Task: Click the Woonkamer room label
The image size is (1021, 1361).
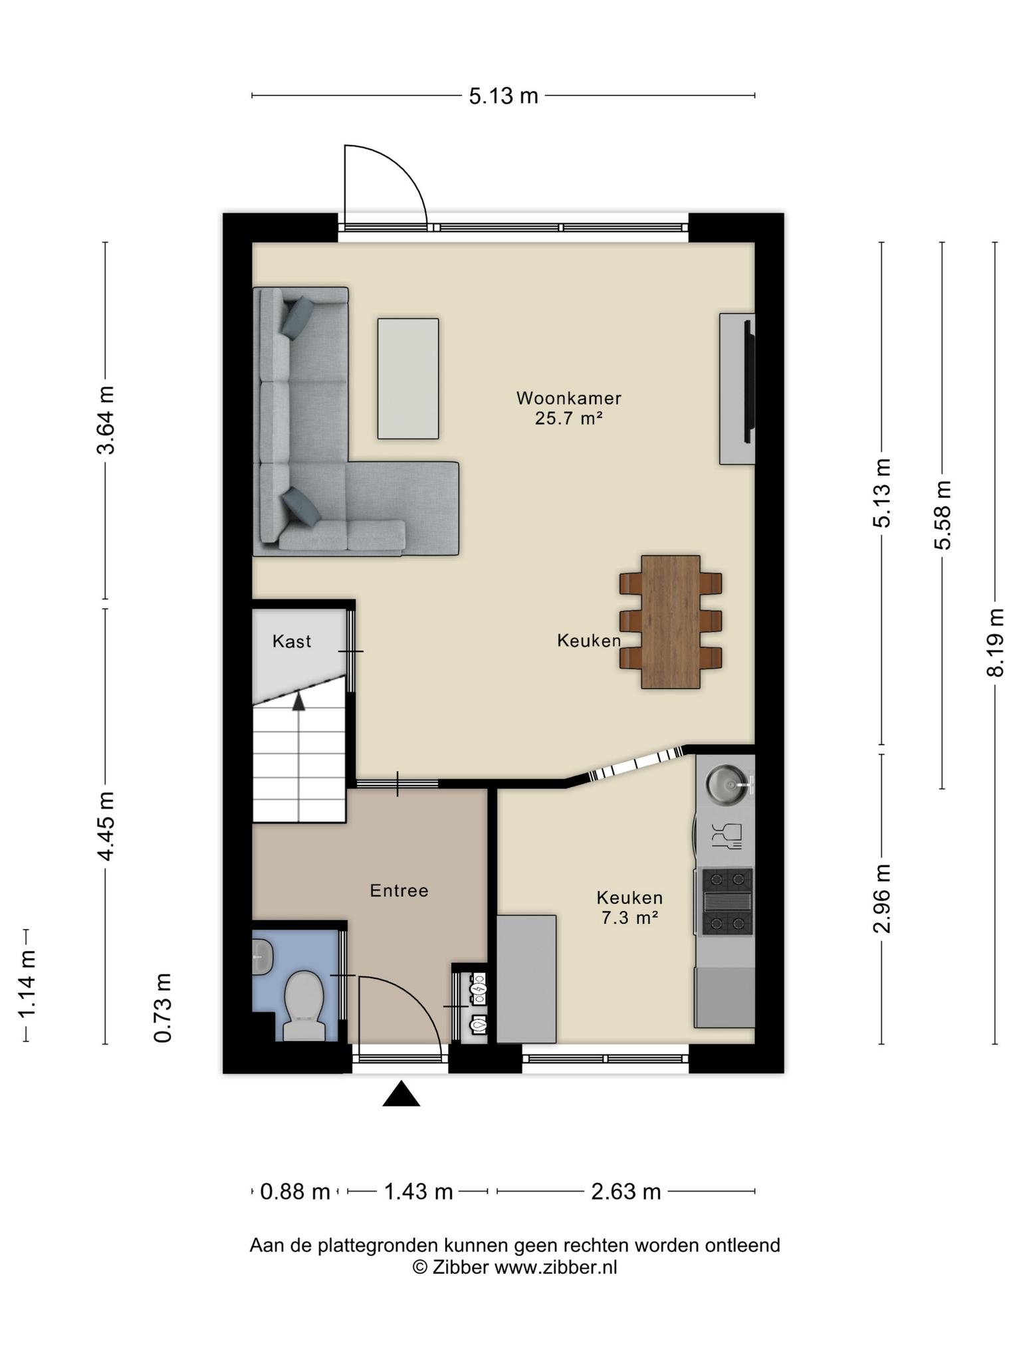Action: point(569,398)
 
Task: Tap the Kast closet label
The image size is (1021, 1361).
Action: point(292,641)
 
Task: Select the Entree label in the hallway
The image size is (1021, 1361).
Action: point(399,890)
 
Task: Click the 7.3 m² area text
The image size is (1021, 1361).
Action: point(629,918)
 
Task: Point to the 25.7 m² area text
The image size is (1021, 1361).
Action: point(568,418)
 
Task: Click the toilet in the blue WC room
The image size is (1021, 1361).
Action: point(304,1005)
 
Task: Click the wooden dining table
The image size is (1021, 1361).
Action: point(671,622)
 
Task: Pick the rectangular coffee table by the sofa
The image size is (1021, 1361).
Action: point(408,379)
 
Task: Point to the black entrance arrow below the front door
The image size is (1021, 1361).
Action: point(401,1094)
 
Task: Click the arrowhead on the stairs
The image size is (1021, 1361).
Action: point(298,702)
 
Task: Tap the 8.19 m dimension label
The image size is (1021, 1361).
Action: point(995,643)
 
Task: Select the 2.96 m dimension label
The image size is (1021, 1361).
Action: point(882,898)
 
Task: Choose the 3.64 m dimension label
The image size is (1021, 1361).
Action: point(105,420)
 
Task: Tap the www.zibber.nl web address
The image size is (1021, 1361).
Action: point(556,1267)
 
